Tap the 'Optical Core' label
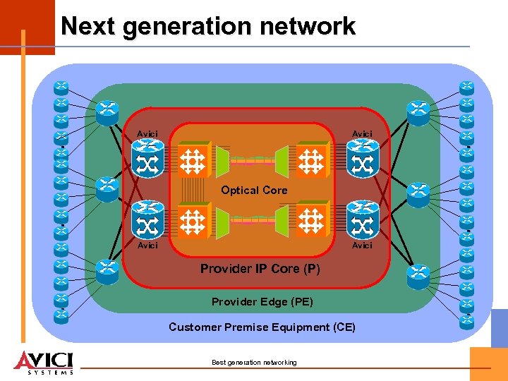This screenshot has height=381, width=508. coord(254,190)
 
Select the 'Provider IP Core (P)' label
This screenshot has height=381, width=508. coord(260,269)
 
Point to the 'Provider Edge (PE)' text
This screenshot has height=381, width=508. coord(262,302)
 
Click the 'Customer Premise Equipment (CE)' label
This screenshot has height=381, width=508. coord(262,327)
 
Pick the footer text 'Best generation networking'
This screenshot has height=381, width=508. coord(254,363)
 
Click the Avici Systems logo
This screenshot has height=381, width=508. coord(44,361)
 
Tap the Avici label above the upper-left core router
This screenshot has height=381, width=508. coord(147,134)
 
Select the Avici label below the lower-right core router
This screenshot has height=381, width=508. coord(362,246)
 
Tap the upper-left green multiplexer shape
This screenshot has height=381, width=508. coord(222,161)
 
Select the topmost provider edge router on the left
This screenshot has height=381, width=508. coord(107,109)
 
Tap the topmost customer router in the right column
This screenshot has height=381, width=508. coord(466,87)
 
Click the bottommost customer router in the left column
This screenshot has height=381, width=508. coord(61,316)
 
